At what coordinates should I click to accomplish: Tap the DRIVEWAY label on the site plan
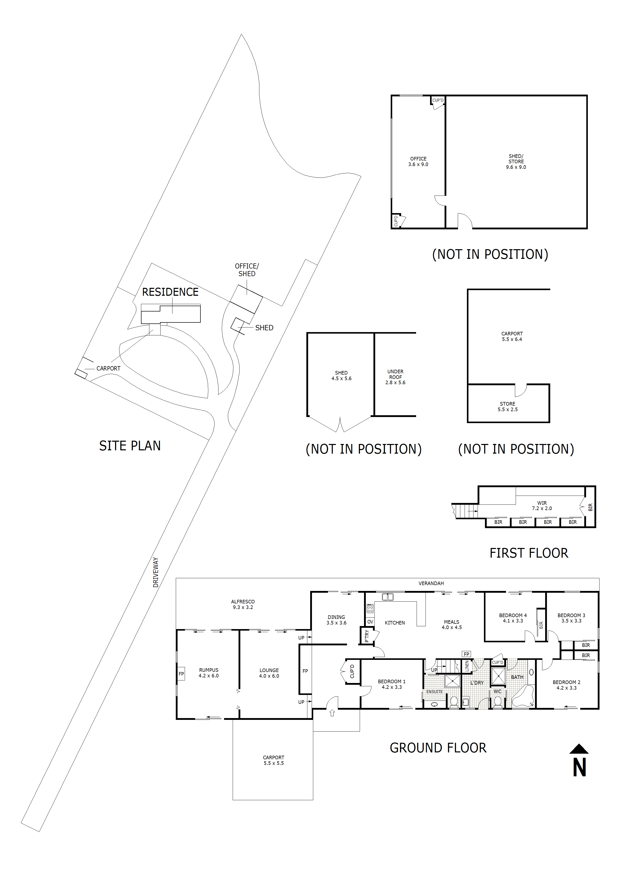point(156,572)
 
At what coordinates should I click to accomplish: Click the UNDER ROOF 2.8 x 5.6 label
point(395,377)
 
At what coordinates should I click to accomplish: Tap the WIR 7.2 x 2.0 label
point(542,506)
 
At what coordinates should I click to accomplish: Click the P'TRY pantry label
point(367,636)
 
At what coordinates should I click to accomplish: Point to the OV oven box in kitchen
point(370,622)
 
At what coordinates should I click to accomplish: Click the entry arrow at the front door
point(332,713)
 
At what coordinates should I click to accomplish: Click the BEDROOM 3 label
point(571,618)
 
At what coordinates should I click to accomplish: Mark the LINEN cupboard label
point(467,666)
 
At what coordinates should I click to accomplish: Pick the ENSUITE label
point(434,692)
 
